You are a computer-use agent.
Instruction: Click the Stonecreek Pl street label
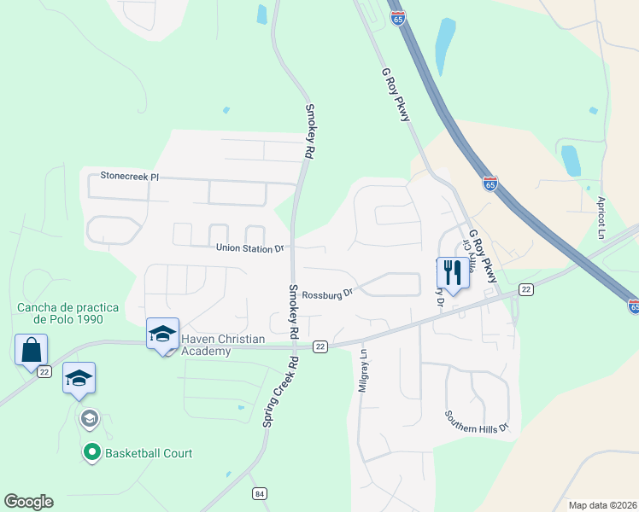tap(130, 176)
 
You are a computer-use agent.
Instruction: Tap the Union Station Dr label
tap(249, 248)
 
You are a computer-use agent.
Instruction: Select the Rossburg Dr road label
tap(327, 293)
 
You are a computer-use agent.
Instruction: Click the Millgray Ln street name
tap(362, 369)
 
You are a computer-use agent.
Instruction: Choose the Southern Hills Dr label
tap(477, 420)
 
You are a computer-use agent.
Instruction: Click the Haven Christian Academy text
tap(223, 346)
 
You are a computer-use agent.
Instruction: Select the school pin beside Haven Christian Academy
tap(162, 335)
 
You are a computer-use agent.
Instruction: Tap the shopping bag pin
tap(31, 350)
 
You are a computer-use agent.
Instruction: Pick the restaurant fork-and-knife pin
tap(452, 273)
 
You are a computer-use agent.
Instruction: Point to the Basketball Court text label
tap(149, 453)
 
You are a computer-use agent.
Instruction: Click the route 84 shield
tap(260, 494)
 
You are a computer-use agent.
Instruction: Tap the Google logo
tap(28, 502)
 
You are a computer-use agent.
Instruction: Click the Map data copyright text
tap(601, 505)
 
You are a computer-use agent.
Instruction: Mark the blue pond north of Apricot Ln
tap(570, 160)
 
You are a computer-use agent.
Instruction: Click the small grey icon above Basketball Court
tap(89, 419)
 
